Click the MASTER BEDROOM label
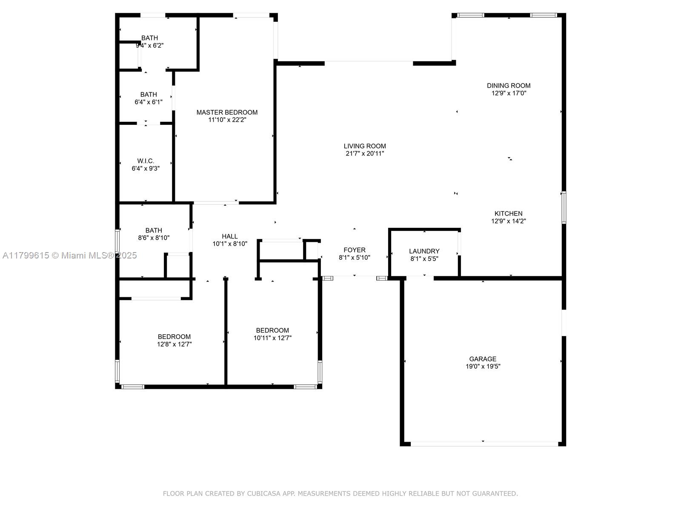(x=227, y=112)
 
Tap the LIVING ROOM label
(x=364, y=146)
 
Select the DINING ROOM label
(x=509, y=86)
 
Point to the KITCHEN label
(x=508, y=213)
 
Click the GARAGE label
(x=482, y=359)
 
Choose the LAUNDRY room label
(x=424, y=251)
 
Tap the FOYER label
(x=354, y=250)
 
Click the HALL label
(x=229, y=236)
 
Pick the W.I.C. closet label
(x=146, y=161)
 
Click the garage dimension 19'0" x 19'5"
(x=483, y=366)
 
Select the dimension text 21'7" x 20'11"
(x=365, y=154)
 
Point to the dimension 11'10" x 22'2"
(x=227, y=120)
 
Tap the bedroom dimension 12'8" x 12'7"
(x=175, y=344)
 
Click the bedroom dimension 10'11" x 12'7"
(x=272, y=338)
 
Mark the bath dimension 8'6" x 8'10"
(x=154, y=238)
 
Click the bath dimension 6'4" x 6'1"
(x=148, y=102)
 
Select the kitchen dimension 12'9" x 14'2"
(x=509, y=221)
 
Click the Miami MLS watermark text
(x=69, y=255)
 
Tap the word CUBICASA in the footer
(x=264, y=493)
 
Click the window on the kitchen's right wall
(x=564, y=207)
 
